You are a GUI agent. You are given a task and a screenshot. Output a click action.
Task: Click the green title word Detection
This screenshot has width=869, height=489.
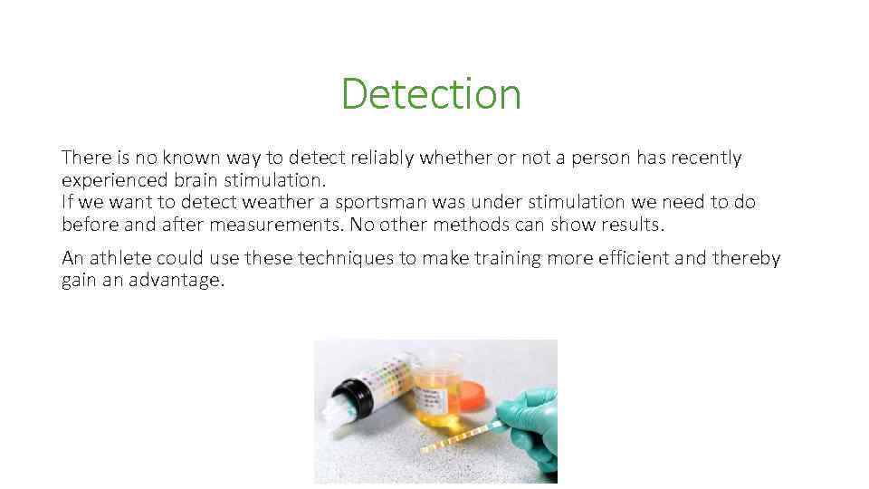(431, 93)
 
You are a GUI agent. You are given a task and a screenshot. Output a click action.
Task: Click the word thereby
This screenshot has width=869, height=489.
(746, 258)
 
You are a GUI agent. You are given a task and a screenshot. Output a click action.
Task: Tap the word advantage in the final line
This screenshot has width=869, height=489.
(177, 280)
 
